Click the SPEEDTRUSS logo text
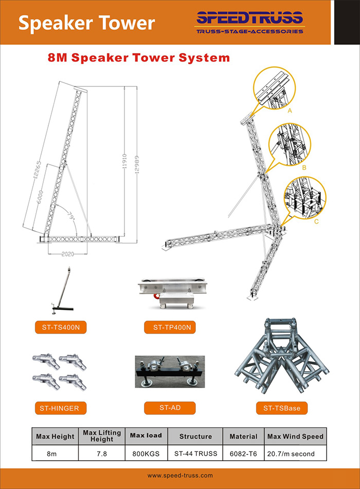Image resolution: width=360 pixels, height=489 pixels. [x=249, y=18]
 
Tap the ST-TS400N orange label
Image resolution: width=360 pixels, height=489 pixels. [x=61, y=327]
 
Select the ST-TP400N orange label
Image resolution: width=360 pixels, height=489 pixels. [x=170, y=327]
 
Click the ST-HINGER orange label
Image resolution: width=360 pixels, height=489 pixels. [x=61, y=408]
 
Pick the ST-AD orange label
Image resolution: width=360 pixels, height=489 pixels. [x=170, y=408]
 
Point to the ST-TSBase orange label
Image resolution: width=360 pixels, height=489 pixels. [x=282, y=408]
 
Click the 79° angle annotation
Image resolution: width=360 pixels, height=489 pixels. [x=71, y=216]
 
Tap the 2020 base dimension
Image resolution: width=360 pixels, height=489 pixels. [x=68, y=254]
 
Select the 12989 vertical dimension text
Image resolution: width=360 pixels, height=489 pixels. [x=136, y=164]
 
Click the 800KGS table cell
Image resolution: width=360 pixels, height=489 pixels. [x=146, y=453]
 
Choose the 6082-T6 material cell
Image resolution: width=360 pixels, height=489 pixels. [x=243, y=453]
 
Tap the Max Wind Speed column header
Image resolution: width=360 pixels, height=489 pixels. [x=295, y=436]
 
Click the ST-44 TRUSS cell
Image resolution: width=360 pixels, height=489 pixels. [x=196, y=453]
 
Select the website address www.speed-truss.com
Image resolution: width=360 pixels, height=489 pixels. [x=180, y=476]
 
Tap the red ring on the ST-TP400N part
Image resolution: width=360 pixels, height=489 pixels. [x=156, y=295]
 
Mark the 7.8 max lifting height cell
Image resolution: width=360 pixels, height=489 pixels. [x=102, y=453]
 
